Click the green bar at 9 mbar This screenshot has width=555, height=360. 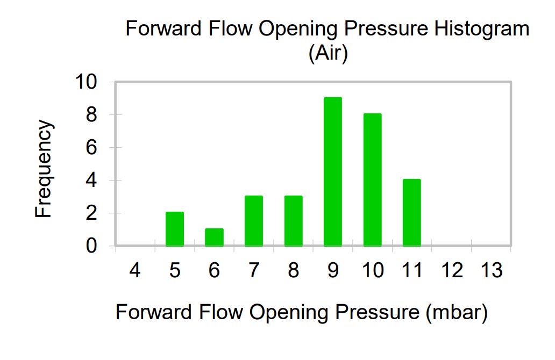tap(333, 171)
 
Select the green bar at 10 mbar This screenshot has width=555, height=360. tap(372, 179)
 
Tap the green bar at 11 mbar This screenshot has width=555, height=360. tap(411, 213)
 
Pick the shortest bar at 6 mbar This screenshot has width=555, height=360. tap(214, 237)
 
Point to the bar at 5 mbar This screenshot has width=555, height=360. tap(175, 229)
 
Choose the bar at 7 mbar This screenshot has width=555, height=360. tap(254, 221)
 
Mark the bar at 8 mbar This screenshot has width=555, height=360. tap(294, 221)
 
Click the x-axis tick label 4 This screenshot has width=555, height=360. tap(135, 270)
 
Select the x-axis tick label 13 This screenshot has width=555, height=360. tap(492, 270)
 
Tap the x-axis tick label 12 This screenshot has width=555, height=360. tap(452, 270)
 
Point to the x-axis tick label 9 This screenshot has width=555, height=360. tap(333, 270)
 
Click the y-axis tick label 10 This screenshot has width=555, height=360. tap(86, 82)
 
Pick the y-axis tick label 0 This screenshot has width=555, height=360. tap(91, 246)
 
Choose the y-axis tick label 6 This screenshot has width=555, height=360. tap(91, 147)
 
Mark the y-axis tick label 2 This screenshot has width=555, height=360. tap(91, 213)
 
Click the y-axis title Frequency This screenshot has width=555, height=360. tap(44, 169)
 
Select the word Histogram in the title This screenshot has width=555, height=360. tap(482, 29)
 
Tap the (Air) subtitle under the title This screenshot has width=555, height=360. tap(329, 53)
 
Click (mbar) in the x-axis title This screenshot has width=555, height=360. tap(457, 312)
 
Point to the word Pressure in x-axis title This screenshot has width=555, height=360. tap(377, 312)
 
